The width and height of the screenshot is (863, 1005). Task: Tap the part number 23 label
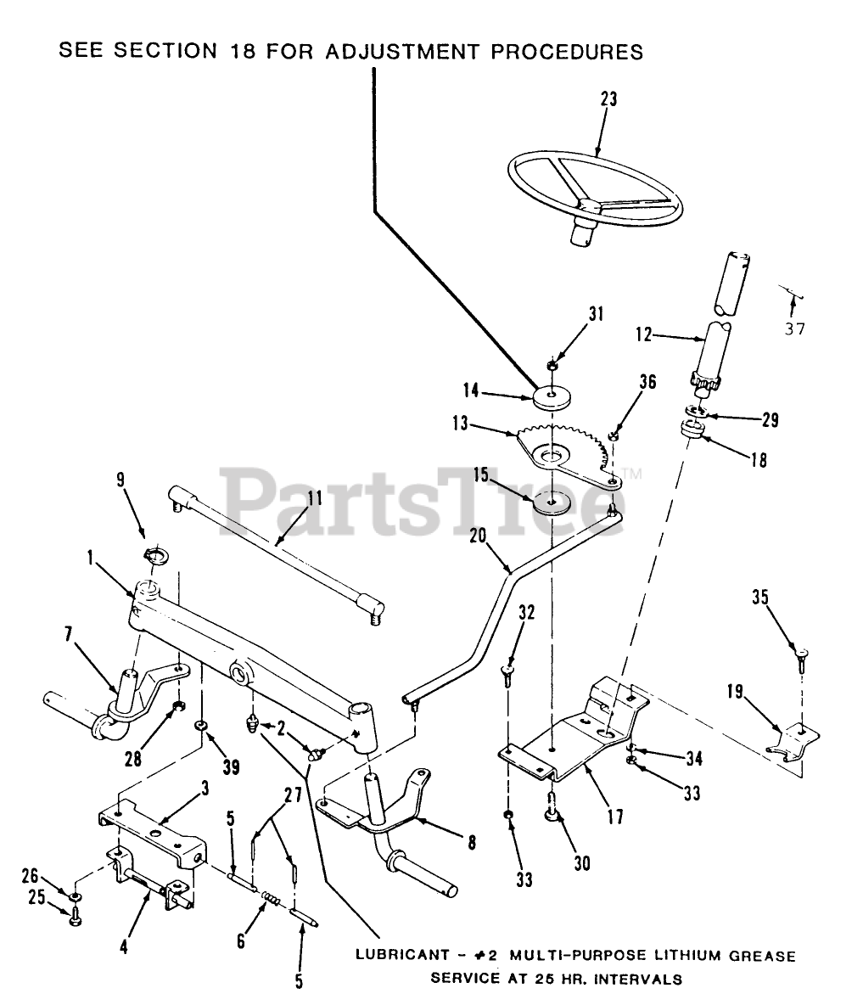click(608, 99)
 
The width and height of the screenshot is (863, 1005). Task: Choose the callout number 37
click(794, 328)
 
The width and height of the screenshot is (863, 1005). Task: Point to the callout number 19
click(734, 693)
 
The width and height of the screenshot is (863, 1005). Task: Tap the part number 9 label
click(120, 479)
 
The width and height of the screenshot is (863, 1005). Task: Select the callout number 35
click(759, 598)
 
